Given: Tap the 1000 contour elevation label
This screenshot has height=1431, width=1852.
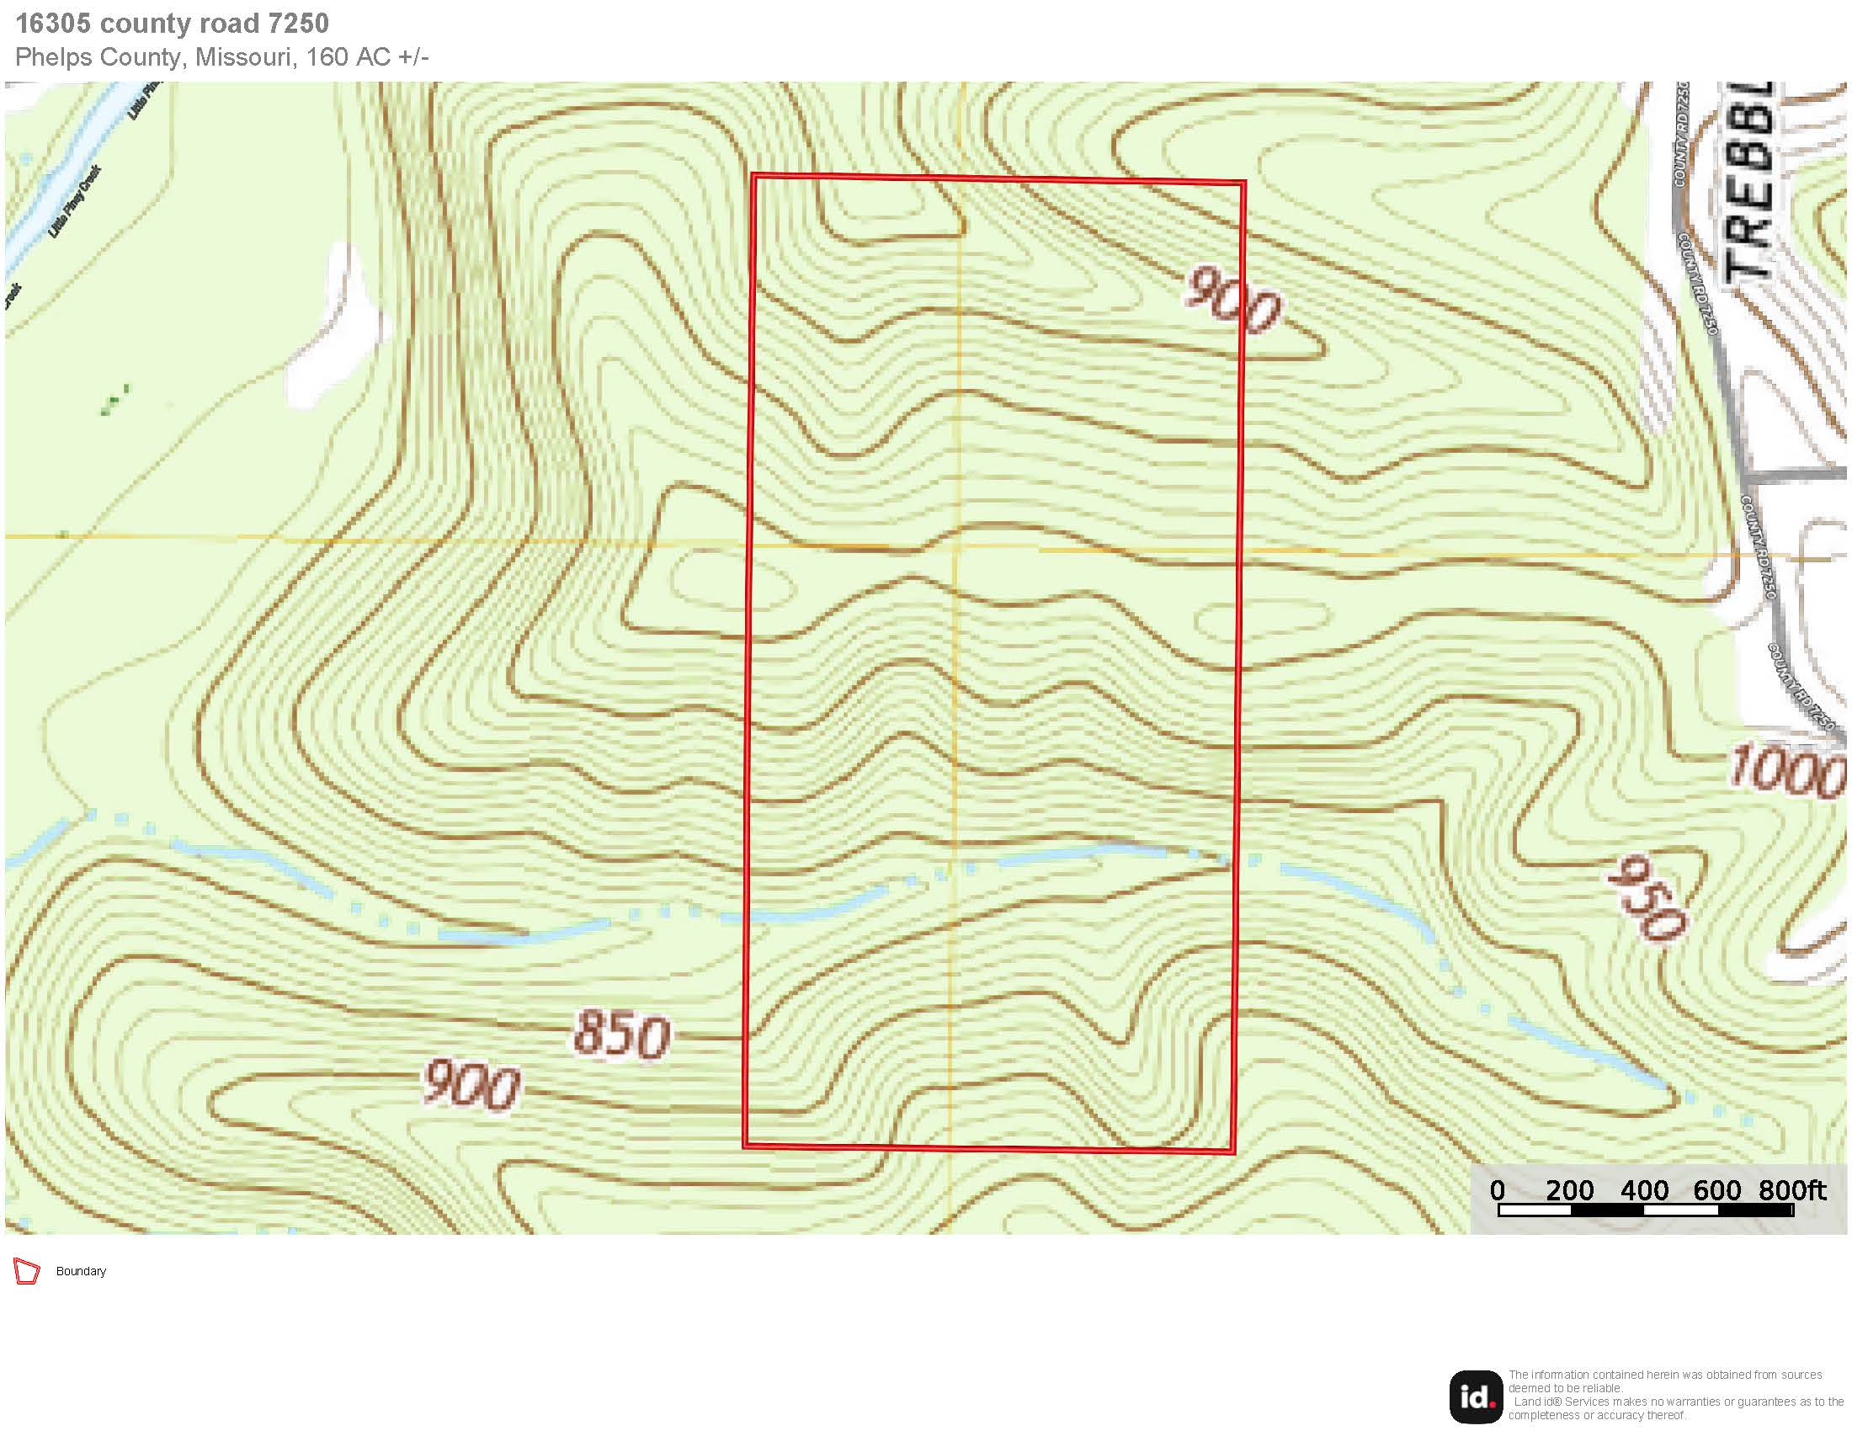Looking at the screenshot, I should pyautogui.click(x=1785, y=771).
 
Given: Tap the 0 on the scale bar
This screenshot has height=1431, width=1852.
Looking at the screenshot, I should pyautogui.click(x=1498, y=1190).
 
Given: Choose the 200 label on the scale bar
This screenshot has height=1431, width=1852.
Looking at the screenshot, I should pyautogui.click(x=1569, y=1190).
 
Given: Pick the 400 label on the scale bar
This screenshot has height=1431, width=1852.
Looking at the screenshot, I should pyautogui.click(x=1644, y=1190).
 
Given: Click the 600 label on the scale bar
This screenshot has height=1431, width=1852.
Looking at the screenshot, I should pyautogui.click(x=1717, y=1190).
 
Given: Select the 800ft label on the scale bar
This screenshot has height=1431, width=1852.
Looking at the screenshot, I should pyautogui.click(x=1791, y=1190).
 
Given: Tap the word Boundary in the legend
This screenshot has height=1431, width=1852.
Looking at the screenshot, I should pyautogui.click(x=81, y=1272).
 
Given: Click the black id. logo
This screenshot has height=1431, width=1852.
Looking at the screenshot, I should pyautogui.click(x=1476, y=1397).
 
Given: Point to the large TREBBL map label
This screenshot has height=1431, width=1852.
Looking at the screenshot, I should pyautogui.click(x=1748, y=183).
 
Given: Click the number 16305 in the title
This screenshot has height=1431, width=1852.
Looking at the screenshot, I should pyautogui.click(x=52, y=24).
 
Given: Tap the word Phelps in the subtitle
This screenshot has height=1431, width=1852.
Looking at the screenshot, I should pyautogui.click(x=55, y=56).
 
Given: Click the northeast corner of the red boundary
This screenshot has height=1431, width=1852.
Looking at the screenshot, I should pyautogui.click(x=1244, y=183).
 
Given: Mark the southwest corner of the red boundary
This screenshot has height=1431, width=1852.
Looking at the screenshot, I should pyautogui.click(x=744, y=1146).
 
